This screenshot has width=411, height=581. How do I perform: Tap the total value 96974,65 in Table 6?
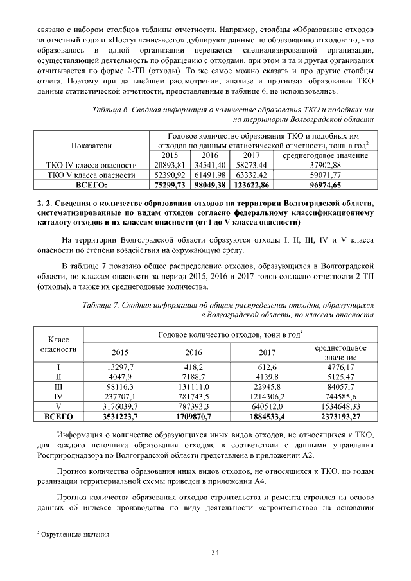point(324,184)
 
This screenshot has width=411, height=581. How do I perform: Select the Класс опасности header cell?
point(58,343)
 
